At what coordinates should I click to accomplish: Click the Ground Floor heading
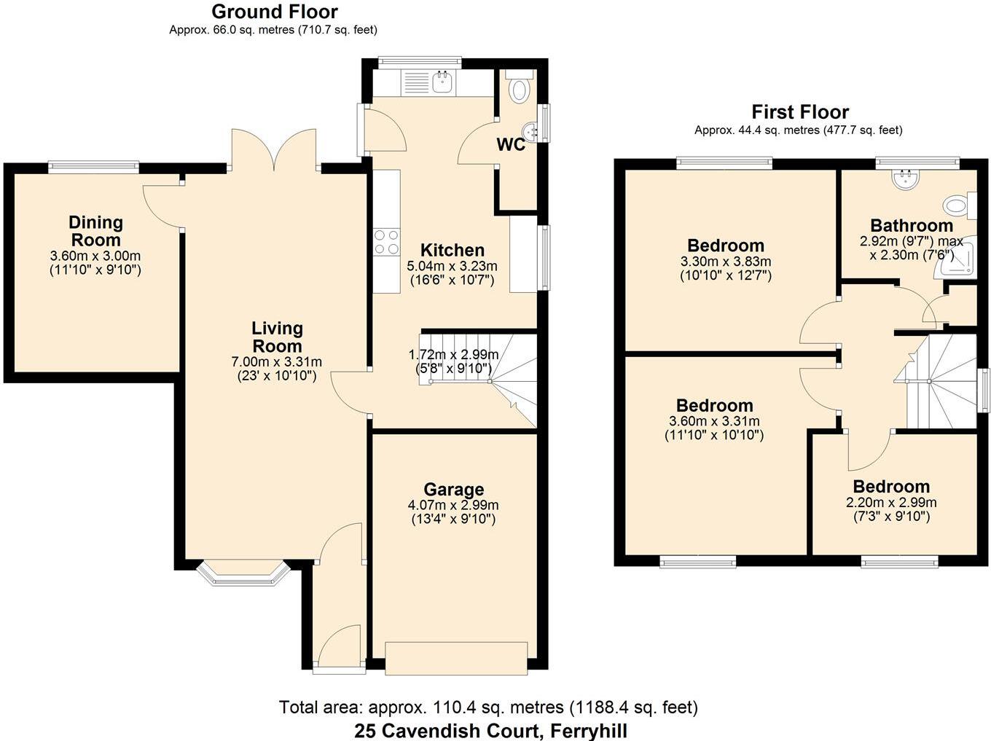(274, 12)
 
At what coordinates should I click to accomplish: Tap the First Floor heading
(800, 112)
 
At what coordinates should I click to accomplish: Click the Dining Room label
(95, 231)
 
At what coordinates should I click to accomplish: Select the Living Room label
(277, 337)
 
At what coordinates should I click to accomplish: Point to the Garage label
(453, 490)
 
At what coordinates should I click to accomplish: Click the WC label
(510, 145)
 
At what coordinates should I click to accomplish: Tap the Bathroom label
(911, 226)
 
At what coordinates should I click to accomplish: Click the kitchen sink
(442, 82)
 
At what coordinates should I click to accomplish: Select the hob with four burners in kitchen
(386, 242)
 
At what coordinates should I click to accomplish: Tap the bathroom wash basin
(906, 179)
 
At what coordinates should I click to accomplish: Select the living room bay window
(243, 573)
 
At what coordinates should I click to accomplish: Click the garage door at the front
(456, 658)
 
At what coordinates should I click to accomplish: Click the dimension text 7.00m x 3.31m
(276, 361)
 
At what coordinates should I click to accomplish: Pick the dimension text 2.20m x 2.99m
(890, 502)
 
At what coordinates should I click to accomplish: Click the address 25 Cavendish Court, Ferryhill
(490, 731)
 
